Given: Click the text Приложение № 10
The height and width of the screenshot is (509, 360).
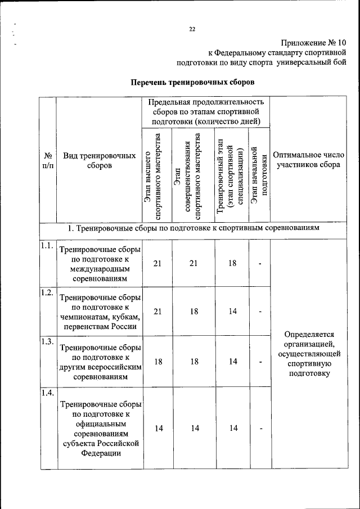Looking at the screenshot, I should click(x=313, y=43).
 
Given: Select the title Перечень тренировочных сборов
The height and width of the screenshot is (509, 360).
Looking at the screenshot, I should click(x=193, y=82).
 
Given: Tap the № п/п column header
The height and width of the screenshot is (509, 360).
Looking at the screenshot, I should click(x=48, y=160).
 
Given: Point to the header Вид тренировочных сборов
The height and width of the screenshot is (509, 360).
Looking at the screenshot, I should click(x=100, y=160).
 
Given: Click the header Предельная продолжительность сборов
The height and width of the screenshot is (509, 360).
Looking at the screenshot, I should click(x=205, y=111).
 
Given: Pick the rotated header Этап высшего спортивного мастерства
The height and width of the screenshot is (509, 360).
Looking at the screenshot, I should click(x=157, y=175).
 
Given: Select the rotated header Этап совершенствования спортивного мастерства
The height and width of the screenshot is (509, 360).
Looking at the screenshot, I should click(x=193, y=175).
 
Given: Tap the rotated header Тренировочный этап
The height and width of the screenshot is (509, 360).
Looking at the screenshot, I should click(x=232, y=175).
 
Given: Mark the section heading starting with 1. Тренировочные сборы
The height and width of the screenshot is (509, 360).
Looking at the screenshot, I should click(x=193, y=229).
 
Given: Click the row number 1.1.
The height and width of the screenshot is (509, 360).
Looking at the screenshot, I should click(x=47, y=245).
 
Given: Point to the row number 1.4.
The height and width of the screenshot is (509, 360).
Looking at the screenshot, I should click(x=47, y=393).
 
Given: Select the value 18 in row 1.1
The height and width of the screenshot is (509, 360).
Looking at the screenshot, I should click(x=232, y=263).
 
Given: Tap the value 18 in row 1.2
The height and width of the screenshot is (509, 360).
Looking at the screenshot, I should click(x=194, y=312).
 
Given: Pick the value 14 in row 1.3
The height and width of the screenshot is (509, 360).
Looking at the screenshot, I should click(x=232, y=362).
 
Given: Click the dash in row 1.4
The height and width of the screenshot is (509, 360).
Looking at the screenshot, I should click(x=260, y=429).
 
